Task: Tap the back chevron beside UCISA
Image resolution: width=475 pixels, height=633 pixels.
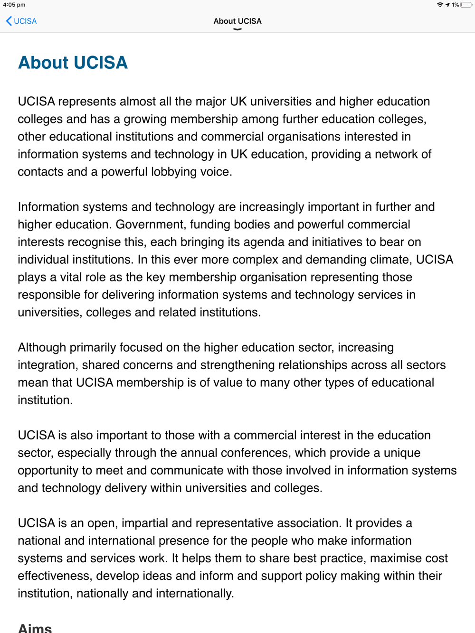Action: pyautogui.click(x=9, y=21)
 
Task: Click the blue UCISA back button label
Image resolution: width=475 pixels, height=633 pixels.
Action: pyautogui.click(x=25, y=21)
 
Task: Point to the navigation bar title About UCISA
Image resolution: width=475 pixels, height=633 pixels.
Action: pyautogui.click(x=237, y=21)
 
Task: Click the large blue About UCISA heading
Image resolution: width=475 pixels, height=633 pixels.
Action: pyautogui.click(x=73, y=63)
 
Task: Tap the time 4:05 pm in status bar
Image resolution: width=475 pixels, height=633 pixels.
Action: pyautogui.click(x=14, y=5)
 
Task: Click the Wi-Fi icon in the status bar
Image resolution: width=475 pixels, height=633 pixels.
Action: pyautogui.click(x=440, y=5)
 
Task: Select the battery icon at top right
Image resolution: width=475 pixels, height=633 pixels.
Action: pyautogui.click(x=466, y=5)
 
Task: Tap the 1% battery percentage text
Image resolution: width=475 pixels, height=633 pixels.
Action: pyautogui.click(x=455, y=5)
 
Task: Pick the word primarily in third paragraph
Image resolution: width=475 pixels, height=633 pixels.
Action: pyautogui.click(x=93, y=347)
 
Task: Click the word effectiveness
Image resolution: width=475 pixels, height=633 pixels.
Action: pyautogui.click(x=54, y=576)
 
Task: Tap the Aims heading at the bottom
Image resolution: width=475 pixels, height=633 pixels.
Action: pyautogui.click(x=35, y=628)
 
